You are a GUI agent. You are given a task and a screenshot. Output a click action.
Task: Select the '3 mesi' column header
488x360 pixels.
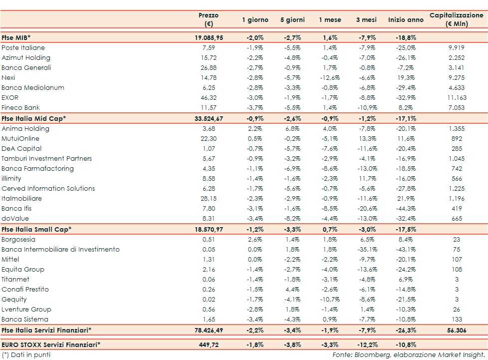coord(366,20)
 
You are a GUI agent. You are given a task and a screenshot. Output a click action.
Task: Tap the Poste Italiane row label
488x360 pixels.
coord(23,47)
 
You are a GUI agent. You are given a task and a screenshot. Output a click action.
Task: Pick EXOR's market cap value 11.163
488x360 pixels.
coord(457,97)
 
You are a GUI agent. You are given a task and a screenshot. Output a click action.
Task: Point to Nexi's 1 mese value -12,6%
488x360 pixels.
coord(330,77)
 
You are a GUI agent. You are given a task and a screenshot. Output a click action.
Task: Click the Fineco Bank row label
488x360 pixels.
coord(21,107)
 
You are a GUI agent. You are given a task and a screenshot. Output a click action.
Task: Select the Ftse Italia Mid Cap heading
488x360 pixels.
coord(34,118)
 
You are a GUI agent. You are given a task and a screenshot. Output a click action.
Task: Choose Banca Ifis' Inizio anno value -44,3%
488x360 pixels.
coord(405,208)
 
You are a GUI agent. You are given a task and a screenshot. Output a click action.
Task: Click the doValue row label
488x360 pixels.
coord(15,218)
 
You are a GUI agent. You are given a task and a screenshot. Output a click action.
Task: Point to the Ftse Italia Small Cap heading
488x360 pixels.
coord(36,229)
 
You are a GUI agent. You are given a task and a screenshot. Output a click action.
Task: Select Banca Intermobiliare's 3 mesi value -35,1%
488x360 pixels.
coord(366,249)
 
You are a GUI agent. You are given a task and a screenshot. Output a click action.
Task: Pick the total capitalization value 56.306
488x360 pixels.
coord(457,330)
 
